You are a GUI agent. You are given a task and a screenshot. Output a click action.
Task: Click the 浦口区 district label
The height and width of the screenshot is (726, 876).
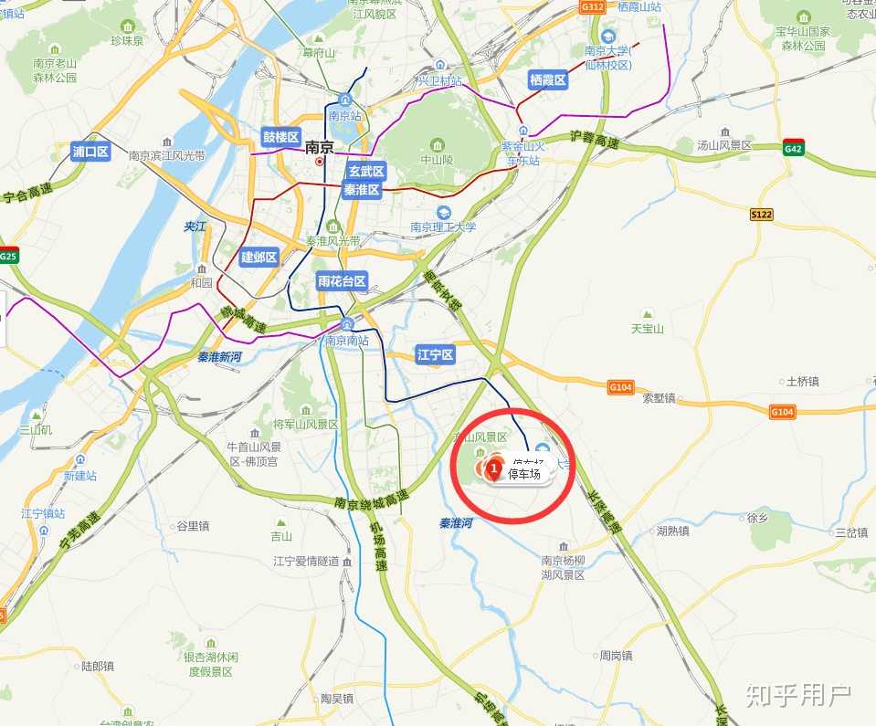pyautogui.click(x=90, y=152)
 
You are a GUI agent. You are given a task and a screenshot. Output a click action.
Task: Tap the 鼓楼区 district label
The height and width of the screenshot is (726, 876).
pyautogui.click(x=281, y=137)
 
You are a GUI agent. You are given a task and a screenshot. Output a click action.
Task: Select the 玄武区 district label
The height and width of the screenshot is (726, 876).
pyautogui.click(x=366, y=172)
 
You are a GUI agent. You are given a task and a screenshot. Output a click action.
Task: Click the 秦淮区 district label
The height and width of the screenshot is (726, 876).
pyautogui.click(x=362, y=190)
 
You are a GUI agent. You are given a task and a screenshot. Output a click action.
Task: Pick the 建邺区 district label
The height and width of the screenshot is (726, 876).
pyautogui.click(x=259, y=258)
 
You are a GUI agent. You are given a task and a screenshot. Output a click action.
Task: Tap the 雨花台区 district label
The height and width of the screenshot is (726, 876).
pyautogui.click(x=342, y=281)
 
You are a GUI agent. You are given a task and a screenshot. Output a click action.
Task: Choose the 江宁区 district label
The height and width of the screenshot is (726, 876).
pyautogui.click(x=435, y=355)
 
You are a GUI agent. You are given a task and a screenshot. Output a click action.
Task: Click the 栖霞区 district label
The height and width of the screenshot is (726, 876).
pyautogui.click(x=548, y=80)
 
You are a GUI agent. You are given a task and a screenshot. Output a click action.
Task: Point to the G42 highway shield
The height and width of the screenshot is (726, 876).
pyautogui.click(x=793, y=148)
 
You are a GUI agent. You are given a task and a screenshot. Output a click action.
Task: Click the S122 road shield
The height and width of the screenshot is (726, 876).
pyautogui.click(x=761, y=214)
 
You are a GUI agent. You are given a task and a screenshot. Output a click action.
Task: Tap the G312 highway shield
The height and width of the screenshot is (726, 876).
pyautogui.click(x=593, y=6)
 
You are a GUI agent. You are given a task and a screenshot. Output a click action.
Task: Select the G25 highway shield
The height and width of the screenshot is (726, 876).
pyautogui.click(x=8, y=256)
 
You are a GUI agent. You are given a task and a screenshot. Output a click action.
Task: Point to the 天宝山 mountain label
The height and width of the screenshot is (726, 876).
pyautogui.click(x=648, y=329)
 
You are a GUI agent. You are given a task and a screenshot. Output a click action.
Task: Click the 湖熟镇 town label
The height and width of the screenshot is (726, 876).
pyautogui.click(x=672, y=531)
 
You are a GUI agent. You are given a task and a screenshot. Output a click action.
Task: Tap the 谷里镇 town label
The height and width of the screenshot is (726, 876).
pyautogui.click(x=192, y=526)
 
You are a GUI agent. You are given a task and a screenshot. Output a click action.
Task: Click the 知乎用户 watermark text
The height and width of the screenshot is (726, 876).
pyautogui.click(x=797, y=697)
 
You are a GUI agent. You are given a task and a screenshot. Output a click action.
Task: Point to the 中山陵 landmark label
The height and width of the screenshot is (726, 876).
pyautogui.click(x=437, y=158)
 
